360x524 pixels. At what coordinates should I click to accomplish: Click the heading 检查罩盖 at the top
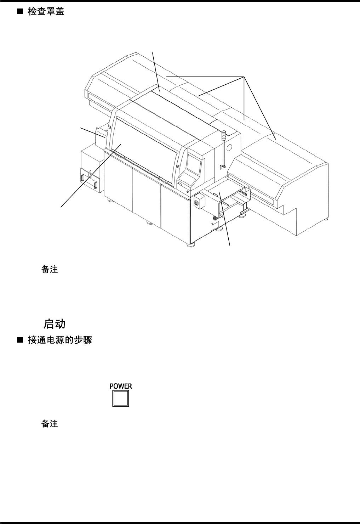click(x=46, y=12)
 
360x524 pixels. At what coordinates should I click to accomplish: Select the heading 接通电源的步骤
click(x=60, y=340)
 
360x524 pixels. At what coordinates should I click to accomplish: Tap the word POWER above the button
click(x=121, y=386)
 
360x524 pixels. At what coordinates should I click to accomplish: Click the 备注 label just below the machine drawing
click(x=50, y=270)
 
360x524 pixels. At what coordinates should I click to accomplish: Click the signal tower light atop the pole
click(x=224, y=134)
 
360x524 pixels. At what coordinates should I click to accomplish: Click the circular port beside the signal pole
click(x=230, y=147)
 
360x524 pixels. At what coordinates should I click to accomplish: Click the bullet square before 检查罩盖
click(x=20, y=12)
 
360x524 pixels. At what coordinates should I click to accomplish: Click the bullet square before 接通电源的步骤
click(x=20, y=340)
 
